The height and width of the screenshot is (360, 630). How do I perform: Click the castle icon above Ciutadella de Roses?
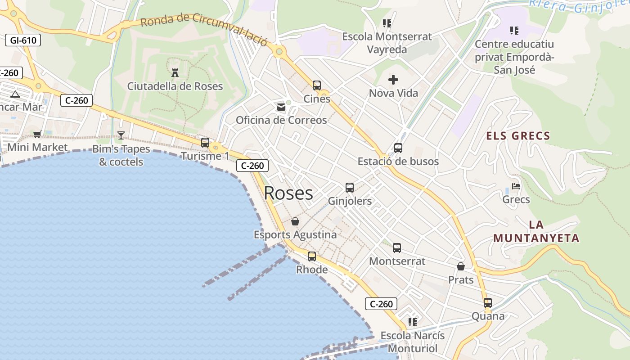click(175, 72)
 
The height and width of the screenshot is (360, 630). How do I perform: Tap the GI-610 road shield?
click(23, 40)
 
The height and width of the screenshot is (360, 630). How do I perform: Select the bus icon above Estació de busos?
click(398, 148)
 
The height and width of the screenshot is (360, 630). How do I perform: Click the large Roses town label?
click(288, 193)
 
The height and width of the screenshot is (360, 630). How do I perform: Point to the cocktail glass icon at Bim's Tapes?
click(121, 135)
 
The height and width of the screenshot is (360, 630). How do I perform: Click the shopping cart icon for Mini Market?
click(37, 134)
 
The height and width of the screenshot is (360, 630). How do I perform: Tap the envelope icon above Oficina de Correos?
click(281, 107)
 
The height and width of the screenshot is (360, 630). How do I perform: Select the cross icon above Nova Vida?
click(393, 80)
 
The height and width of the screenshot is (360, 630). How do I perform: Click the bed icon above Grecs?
click(516, 186)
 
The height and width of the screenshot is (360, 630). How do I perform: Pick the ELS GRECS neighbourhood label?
click(518, 136)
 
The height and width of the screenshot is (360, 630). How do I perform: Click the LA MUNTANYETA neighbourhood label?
click(536, 231)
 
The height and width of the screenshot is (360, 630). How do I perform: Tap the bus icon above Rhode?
click(311, 256)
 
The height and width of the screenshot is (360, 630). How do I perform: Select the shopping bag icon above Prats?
click(461, 266)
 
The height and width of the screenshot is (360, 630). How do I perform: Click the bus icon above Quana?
click(488, 302)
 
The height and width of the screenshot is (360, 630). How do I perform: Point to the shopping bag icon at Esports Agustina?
click(295, 221)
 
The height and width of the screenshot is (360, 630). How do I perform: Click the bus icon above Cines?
click(317, 85)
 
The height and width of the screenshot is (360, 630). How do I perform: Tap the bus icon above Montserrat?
click(396, 247)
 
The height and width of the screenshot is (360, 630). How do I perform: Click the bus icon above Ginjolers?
click(350, 188)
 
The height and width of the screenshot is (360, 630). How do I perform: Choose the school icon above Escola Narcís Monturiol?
click(412, 322)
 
